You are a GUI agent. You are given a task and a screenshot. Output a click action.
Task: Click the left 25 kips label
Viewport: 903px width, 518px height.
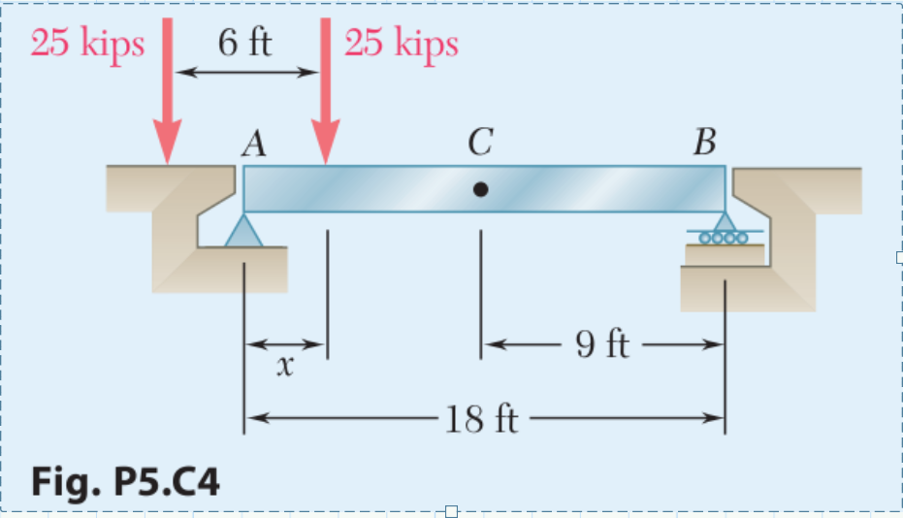pos(87,44)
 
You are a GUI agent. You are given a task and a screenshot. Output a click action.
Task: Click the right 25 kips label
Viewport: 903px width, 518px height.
pos(401,44)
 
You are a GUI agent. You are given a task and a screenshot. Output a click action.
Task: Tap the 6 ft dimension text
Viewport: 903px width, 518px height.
pos(245,44)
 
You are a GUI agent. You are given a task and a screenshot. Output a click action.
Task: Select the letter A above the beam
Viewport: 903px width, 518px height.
pos(254,145)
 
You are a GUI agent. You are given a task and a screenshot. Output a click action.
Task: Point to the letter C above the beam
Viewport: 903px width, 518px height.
pos(478,145)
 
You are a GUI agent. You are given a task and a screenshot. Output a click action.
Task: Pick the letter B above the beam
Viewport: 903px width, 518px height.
pos(705,145)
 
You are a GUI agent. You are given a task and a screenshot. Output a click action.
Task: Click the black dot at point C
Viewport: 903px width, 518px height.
pos(480,190)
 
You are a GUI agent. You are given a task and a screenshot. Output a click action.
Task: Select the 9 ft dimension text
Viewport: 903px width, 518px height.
pos(602,344)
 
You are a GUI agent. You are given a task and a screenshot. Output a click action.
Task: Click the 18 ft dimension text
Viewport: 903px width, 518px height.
pos(481,420)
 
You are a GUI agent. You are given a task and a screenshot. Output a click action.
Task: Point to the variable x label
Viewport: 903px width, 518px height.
pos(283,367)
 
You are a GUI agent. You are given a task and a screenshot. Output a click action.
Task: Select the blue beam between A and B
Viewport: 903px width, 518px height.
pos(582,188)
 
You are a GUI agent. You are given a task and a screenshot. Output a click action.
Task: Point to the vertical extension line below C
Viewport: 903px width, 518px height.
pos(480,291)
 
